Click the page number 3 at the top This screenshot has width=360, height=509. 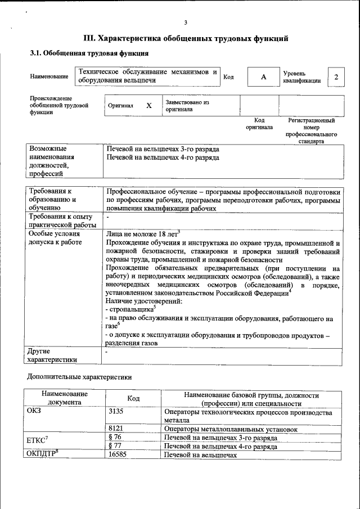(185, 22)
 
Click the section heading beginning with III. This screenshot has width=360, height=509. (186, 38)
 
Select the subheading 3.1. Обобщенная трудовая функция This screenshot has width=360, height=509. (89, 53)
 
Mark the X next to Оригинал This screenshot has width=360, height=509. (149, 105)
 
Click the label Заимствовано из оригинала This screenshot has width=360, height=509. (187, 106)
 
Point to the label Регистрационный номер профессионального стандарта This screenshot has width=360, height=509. (311, 131)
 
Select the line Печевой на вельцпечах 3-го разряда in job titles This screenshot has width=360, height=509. (163, 149)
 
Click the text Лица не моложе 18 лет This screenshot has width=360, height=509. (142, 233)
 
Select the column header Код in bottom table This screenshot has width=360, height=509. (133, 399)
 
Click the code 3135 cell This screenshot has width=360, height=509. (115, 412)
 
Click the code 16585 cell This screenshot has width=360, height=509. (117, 455)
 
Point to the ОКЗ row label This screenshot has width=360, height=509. (34, 411)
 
